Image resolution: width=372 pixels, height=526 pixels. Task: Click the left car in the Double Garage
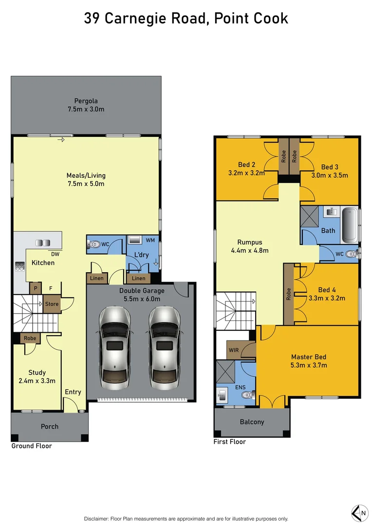(x=114, y=348)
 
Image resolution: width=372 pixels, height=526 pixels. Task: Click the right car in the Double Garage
(x=164, y=348)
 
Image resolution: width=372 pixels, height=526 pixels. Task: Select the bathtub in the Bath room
(x=350, y=226)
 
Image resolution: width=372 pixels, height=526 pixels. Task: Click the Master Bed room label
(x=309, y=357)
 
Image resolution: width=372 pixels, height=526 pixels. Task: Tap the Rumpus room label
(x=249, y=242)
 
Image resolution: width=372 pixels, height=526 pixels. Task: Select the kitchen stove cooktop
(x=20, y=266)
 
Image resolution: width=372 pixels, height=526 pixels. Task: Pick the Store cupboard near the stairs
(x=52, y=304)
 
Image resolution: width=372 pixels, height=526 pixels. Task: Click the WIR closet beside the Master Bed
(x=234, y=350)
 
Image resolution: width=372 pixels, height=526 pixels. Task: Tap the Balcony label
(x=252, y=422)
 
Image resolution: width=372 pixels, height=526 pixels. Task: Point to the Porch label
(x=49, y=426)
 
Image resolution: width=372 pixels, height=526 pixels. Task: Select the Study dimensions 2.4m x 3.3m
(x=37, y=381)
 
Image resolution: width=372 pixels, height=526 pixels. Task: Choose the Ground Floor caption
(x=32, y=446)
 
